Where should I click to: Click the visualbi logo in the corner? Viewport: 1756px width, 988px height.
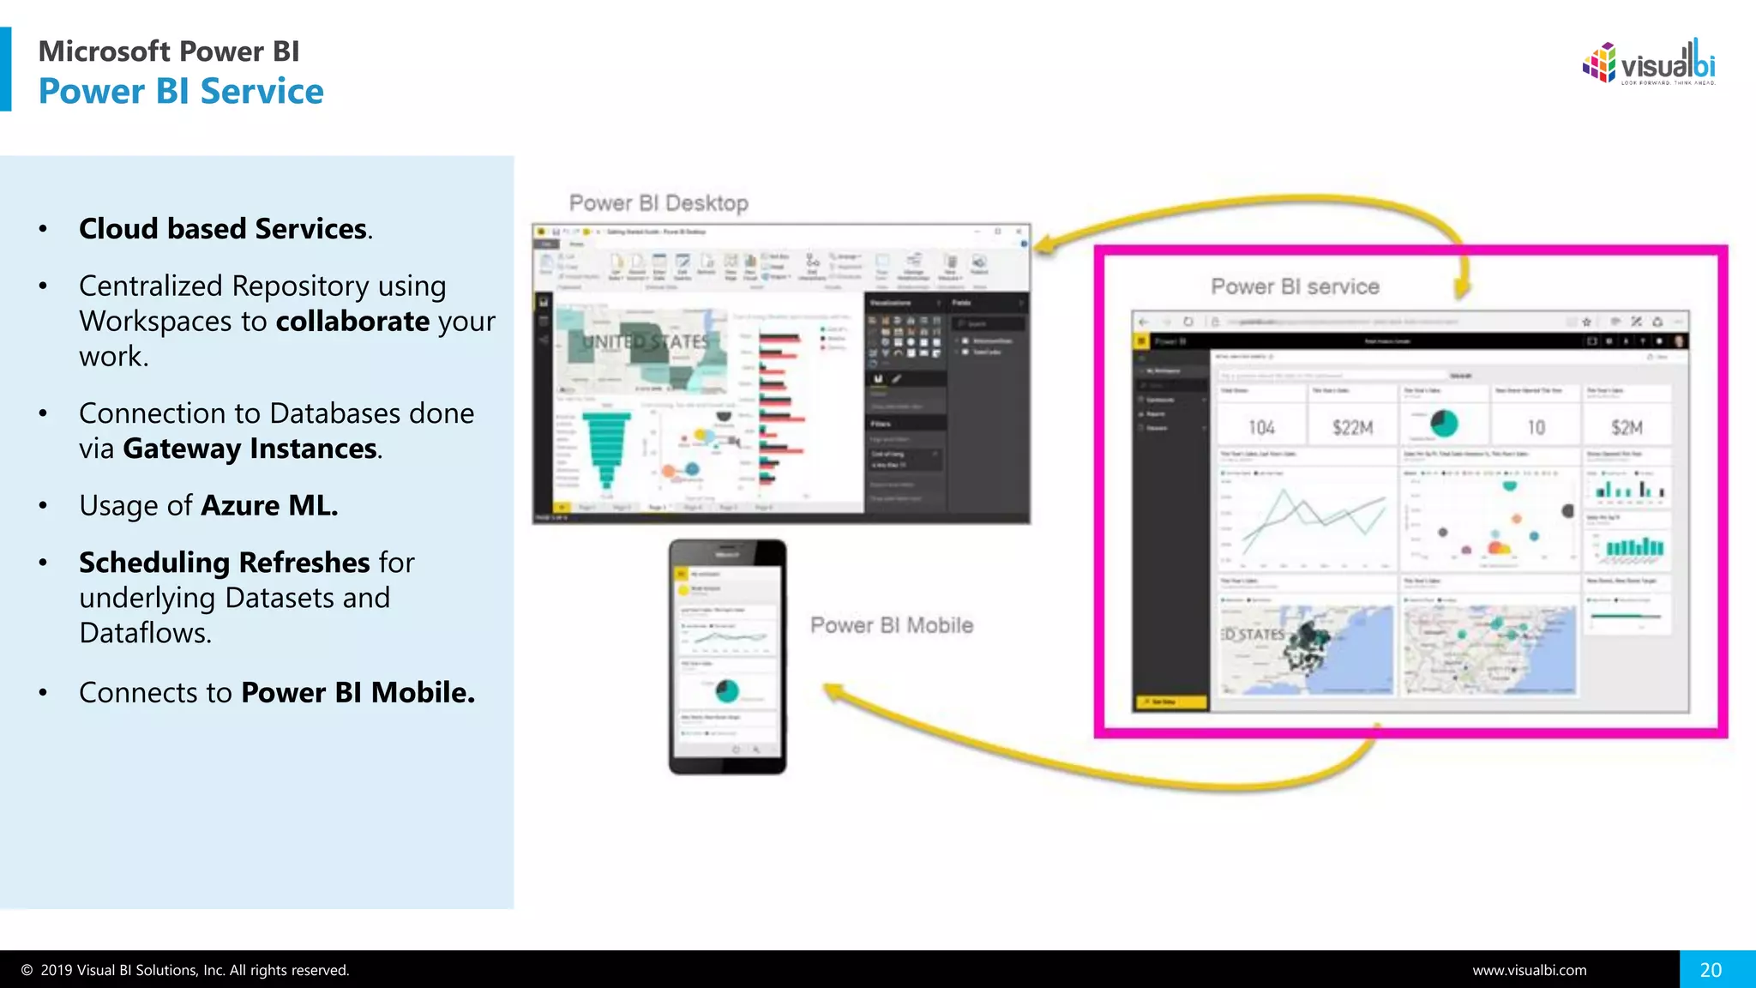coord(1648,63)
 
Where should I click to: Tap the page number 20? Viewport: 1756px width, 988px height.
coord(1711,970)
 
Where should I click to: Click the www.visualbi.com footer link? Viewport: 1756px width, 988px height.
coord(1529,970)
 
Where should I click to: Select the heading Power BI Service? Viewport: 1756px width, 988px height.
coord(181,91)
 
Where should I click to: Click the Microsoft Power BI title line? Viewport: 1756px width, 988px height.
coord(169,51)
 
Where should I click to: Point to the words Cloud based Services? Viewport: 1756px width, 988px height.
coord(223,229)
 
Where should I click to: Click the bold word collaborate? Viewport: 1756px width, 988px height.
coord(352,322)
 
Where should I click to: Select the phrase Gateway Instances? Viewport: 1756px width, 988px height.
coord(250,449)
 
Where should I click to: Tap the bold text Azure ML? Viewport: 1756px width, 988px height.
coord(268,506)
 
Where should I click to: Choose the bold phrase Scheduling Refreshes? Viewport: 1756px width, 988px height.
coord(225,563)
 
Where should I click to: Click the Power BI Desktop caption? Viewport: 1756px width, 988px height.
coord(658,203)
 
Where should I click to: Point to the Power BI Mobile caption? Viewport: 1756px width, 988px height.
coord(892,625)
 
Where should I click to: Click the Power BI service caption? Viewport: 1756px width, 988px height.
coord(1295,286)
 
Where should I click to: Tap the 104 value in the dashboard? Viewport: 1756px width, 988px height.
coord(1261,427)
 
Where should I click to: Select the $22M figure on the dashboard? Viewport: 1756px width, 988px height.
coord(1352,427)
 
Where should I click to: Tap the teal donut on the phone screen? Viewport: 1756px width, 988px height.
coord(727,690)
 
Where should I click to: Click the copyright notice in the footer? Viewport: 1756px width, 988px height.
coord(185,970)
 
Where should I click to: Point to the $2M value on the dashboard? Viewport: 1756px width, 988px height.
coord(1627,427)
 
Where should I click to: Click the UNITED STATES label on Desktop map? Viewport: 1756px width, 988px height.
coord(646,342)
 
